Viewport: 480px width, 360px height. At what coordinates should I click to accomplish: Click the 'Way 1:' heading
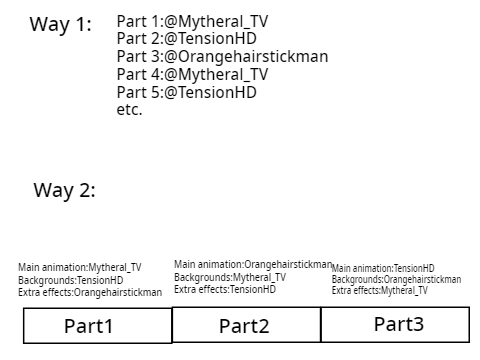click(60, 24)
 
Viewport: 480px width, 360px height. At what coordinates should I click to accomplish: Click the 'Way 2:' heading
click(64, 190)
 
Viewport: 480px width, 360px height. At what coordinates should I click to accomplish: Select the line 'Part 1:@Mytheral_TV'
click(192, 22)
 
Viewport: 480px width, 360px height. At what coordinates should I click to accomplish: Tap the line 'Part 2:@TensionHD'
click(187, 38)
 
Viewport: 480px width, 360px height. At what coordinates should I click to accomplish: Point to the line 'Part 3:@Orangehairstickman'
click(222, 57)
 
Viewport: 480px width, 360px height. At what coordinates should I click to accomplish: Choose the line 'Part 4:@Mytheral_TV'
click(192, 74)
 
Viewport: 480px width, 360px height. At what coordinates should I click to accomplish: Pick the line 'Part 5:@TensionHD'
click(187, 92)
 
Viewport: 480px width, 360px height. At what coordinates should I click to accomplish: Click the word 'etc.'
click(129, 109)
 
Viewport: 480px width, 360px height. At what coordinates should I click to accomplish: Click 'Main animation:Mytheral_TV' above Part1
click(80, 267)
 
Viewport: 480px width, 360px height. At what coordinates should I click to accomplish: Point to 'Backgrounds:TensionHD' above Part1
click(71, 280)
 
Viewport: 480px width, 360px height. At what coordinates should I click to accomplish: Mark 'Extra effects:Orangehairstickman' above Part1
click(90, 292)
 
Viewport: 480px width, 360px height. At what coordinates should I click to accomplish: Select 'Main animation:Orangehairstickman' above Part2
click(253, 264)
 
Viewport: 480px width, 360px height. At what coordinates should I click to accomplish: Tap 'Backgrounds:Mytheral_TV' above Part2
click(230, 277)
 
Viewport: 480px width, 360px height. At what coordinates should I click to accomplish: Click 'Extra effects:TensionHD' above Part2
click(225, 289)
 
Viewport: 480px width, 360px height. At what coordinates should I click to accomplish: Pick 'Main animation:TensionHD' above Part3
click(383, 268)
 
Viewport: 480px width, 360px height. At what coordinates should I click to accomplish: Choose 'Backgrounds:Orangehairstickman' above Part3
click(396, 279)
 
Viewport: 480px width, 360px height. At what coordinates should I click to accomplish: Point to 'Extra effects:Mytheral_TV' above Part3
click(380, 290)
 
